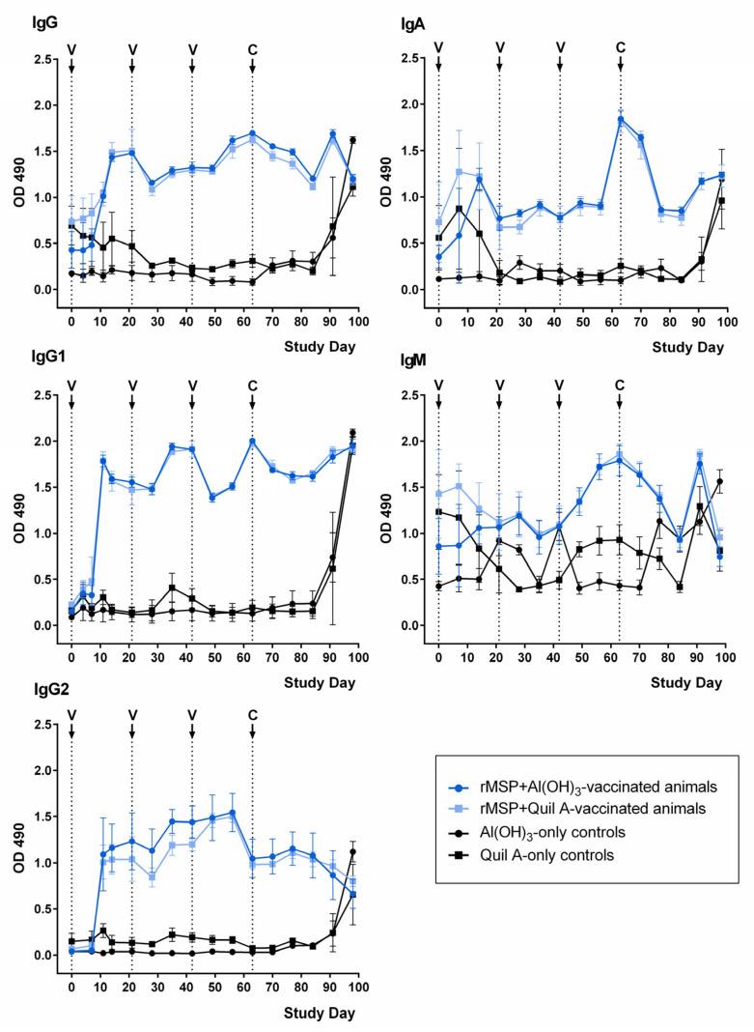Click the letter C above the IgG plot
pyautogui.click(x=252, y=47)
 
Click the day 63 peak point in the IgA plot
pyautogui.click(x=620, y=119)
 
